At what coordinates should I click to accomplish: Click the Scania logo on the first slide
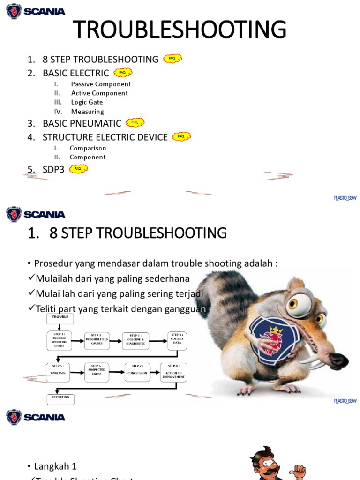pos(35,11)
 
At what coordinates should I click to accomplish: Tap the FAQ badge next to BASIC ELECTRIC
pos(123,73)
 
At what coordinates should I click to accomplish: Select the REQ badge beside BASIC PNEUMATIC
pos(135,123)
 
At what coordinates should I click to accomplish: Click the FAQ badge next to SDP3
pos(78,169)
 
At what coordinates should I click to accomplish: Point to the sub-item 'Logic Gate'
pos(87,102)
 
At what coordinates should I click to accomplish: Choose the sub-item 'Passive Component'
pos(101,84)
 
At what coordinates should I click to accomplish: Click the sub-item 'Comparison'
pos(88,148)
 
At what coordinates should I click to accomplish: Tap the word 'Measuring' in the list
pos(87,112)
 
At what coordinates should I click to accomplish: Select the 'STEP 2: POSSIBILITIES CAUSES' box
pos(97,341)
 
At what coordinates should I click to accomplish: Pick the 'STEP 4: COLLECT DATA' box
pos(177,340)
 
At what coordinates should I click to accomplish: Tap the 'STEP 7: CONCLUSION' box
pos(137,373)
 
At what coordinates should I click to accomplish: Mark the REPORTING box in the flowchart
pos(60,398)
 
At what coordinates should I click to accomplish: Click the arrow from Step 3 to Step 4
pos(158,341)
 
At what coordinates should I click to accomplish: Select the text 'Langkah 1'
pos(55,466)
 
